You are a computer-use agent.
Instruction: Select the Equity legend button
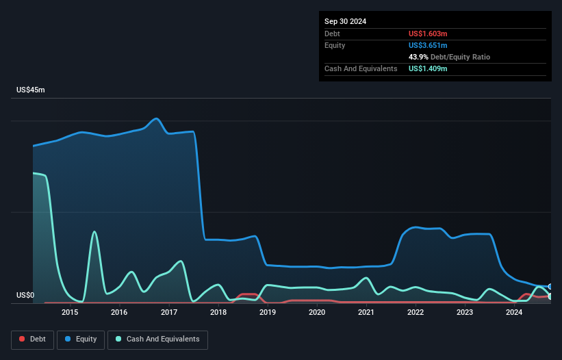click(x=81, y=339)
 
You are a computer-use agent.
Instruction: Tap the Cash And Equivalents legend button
click(x=157, y=339)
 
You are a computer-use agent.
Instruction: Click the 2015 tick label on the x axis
click(x=70, y=313)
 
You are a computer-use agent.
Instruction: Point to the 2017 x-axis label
click(x=168, y=313)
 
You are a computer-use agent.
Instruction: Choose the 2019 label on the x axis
click(x=268, y=313)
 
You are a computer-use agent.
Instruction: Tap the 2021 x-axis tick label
click(x=366, y=313)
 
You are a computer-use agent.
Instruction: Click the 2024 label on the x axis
click(x=514, y=313)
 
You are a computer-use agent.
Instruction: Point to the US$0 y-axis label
click(x=25, y=296)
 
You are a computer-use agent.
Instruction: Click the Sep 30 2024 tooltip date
click(x=346, y=21)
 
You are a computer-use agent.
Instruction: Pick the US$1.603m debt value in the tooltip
click(x=428, y=34)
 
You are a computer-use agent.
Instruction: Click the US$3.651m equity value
click(x=428, y=45)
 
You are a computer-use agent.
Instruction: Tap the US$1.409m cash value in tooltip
click(x=428, y=68)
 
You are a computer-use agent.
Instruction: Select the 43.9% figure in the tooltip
click(x=418, y=57)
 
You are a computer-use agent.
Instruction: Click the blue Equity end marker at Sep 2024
click(x=550, y=287)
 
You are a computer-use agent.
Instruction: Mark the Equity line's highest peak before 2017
click(x=157, y=118)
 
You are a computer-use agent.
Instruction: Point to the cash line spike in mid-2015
click(x=94, y=232)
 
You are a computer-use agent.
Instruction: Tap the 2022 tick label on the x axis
click(x=416, y=313)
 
